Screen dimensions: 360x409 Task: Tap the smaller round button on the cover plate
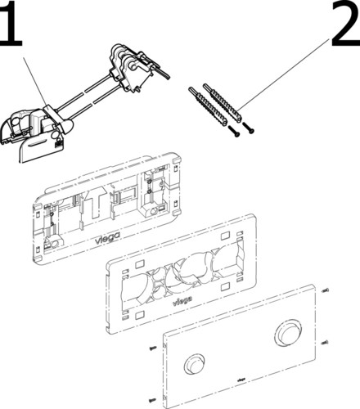click(195, 365)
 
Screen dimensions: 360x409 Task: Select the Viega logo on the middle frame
click(182, 301)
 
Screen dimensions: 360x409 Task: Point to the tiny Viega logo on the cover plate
click(241, 380)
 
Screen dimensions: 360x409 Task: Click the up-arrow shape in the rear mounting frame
click(95, 203)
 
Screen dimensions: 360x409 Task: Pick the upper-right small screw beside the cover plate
click(326, 290)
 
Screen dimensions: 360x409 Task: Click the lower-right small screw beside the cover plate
click(325, 343)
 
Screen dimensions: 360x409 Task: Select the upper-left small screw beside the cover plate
click(153, 348)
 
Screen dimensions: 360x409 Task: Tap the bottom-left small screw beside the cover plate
click(152, 400)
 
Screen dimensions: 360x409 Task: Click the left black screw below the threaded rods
click(234, 131)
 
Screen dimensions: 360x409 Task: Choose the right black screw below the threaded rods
click(248, 128)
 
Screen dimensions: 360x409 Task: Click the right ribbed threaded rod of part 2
click(223, 103)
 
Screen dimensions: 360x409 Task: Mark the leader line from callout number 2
click(285, 74)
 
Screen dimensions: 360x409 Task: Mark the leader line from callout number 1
click(35, 82)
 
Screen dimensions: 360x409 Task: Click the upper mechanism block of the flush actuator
click(133, 67)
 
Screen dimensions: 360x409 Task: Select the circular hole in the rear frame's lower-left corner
click(54, 244)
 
